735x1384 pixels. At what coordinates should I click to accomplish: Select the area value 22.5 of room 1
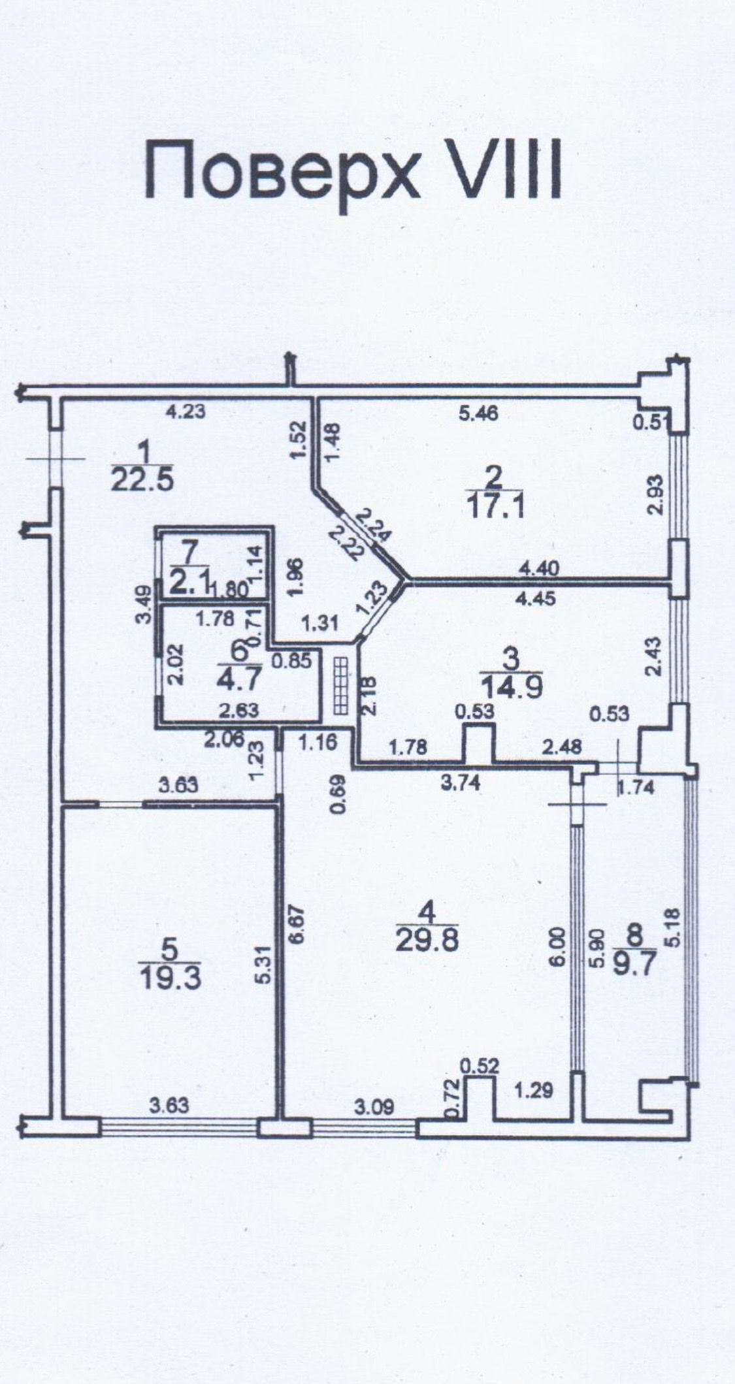click(142, 481)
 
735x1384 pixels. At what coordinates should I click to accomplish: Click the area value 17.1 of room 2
click(497, 506)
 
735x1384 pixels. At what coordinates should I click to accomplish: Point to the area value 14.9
click(512, 687)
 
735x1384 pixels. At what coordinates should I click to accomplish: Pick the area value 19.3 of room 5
click(170, 978)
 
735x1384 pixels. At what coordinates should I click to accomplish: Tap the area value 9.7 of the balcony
click(634, 963)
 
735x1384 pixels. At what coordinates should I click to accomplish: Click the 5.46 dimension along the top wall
click(478, 413)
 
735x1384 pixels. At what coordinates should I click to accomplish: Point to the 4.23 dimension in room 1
click(186, 411)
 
